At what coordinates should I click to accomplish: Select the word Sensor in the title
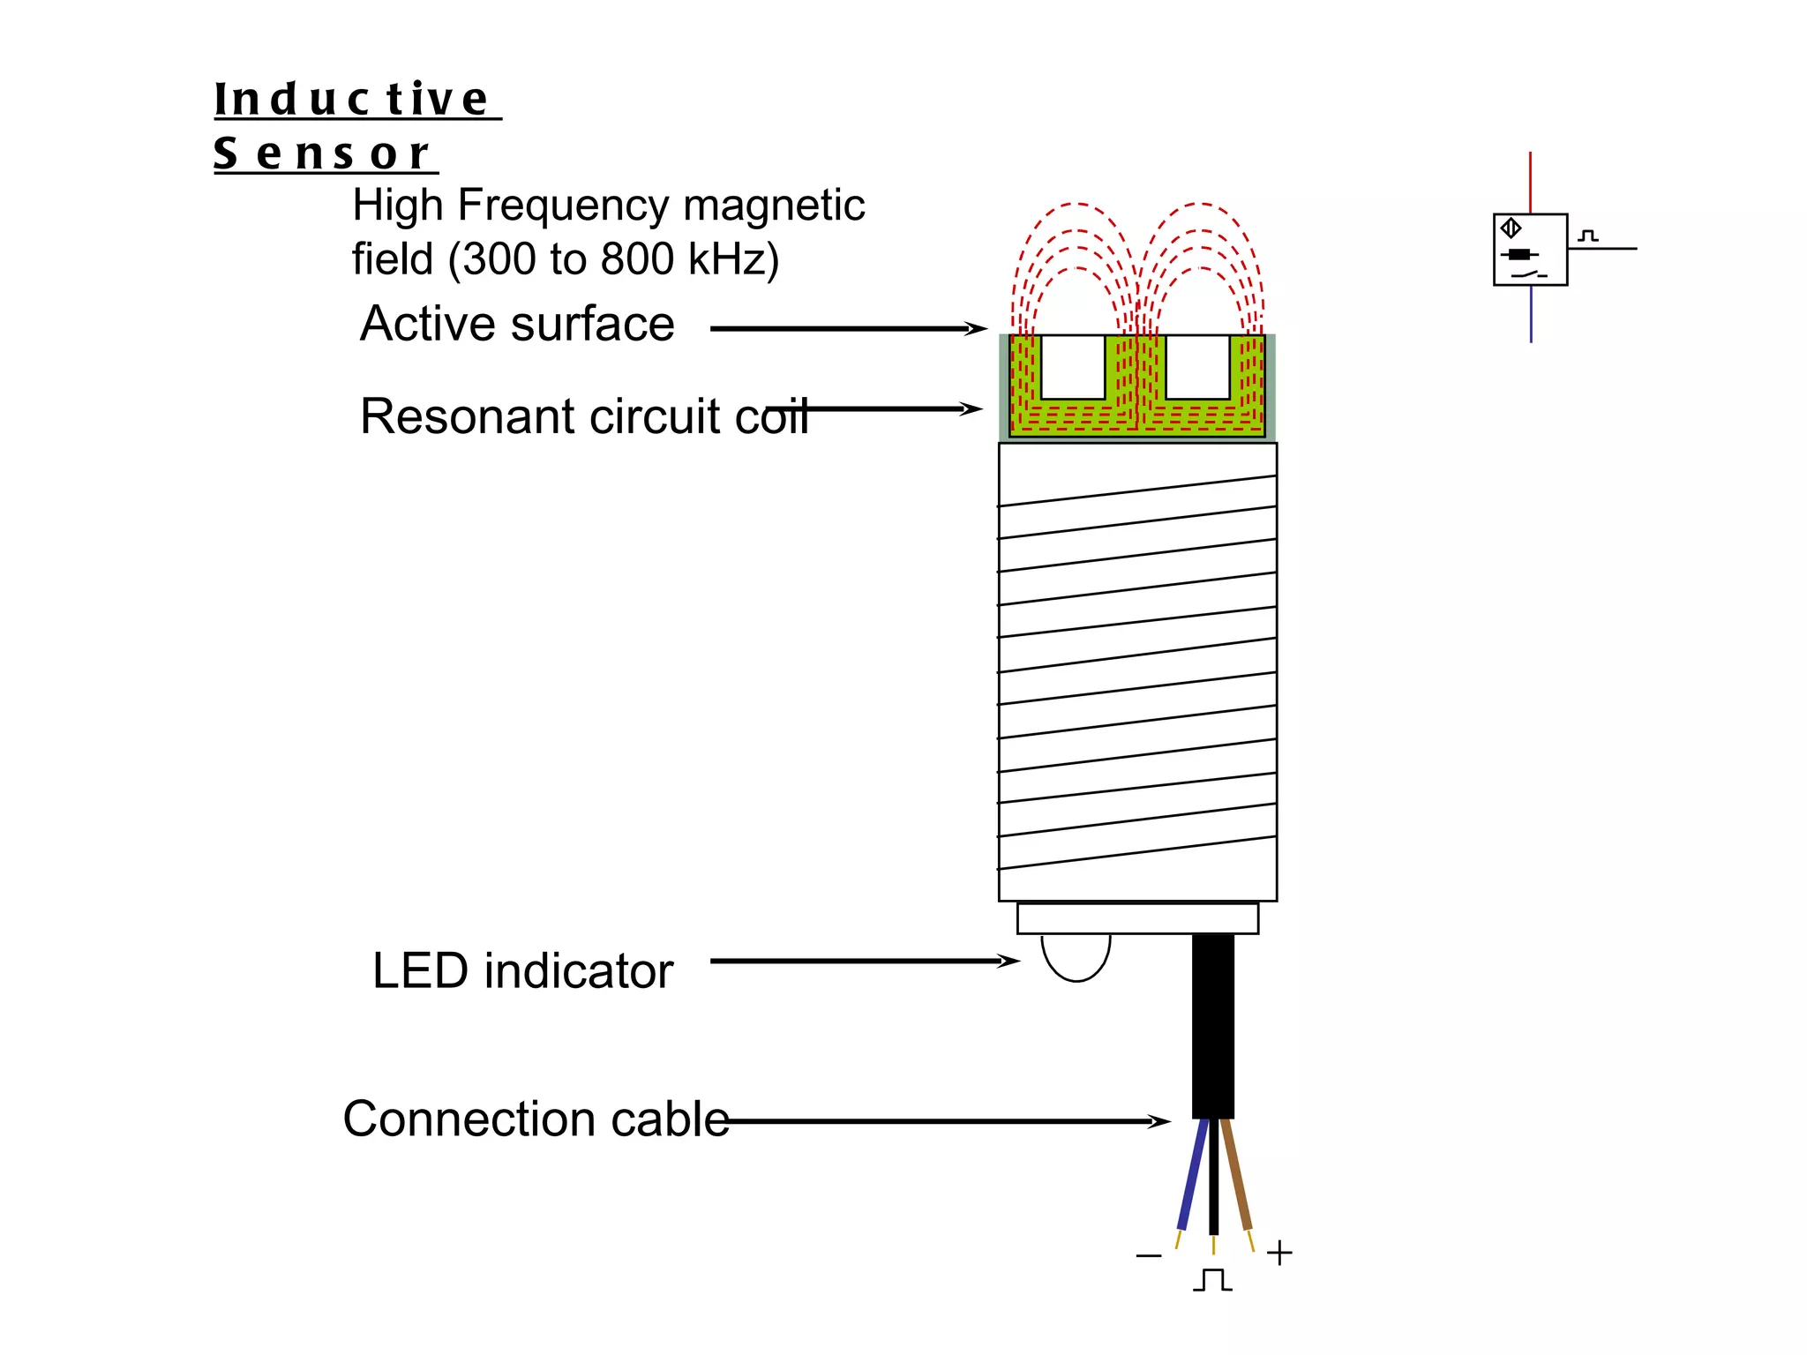coord(322,153)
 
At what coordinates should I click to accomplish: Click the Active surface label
coord(517,324)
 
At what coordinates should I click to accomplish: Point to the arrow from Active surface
coord(847,329)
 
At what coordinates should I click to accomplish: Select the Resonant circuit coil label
coord(583,416)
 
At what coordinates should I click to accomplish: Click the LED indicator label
coord(522,971)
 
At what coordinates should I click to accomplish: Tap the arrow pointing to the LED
coord(865,961)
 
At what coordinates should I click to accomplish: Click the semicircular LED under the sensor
coord(1076,956)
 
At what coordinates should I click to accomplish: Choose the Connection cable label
coord(536,1119)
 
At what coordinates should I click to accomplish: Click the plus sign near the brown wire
coord(1279,1253)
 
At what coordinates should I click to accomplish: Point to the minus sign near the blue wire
coord(1149,1255)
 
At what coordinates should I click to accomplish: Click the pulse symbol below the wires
coord(1213,1280)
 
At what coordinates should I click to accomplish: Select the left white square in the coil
coord(1073,367)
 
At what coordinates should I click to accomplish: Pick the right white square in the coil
coord(1197,367)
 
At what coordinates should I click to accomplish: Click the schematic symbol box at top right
coord(1530,250)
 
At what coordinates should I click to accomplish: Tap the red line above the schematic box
coord(1530,182)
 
